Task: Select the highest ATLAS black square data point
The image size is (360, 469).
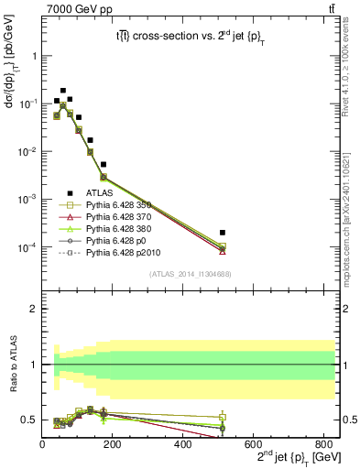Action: [63, 91]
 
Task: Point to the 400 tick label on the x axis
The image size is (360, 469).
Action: [184, 444]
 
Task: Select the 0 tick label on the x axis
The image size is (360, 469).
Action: [43, 444]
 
